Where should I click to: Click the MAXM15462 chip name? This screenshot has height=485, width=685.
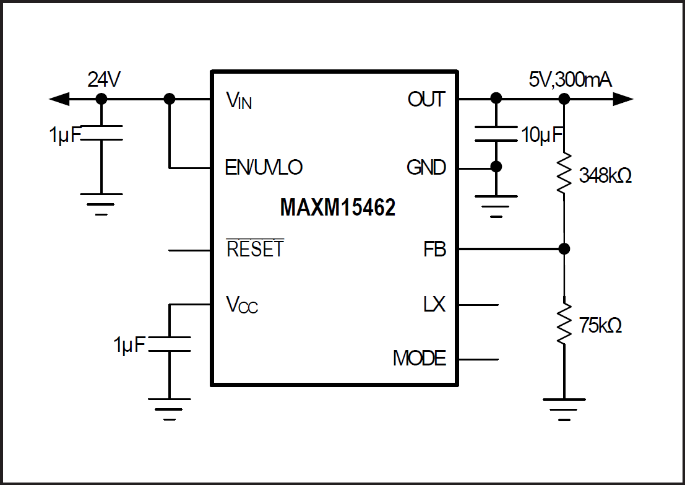click(x=338, y=208)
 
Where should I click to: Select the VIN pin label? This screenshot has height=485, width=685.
click(x=239, y=100)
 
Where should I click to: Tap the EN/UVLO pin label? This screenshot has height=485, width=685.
click(x=264, y=167)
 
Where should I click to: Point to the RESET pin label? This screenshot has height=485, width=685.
click(x=255, y=249)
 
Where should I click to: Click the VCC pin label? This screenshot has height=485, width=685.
click(x=241, y=305)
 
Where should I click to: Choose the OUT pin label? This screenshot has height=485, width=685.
click(x=426, y=99)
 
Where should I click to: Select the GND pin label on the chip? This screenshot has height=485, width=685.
click(x=426, y=167)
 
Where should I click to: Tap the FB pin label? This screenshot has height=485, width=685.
click(x=434, y=250)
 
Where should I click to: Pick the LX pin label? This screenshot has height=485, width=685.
click(x=434, y=305)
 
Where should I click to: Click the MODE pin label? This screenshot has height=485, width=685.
click(x=419, y=358)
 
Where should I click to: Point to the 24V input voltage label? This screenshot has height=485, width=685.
click(x=103, y=80)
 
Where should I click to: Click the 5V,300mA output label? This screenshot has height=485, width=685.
click(x=571, y=80)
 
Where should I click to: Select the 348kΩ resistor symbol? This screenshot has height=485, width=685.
click(x=564, y=175)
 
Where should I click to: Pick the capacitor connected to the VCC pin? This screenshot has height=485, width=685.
click(x=170, y=344)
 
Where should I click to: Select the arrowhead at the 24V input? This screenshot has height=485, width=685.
click(x=59, y=99)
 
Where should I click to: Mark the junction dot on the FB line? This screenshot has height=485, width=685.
click(x=564, y=249)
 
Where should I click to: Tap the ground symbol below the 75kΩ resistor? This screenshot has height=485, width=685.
click(x=564, y=406)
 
